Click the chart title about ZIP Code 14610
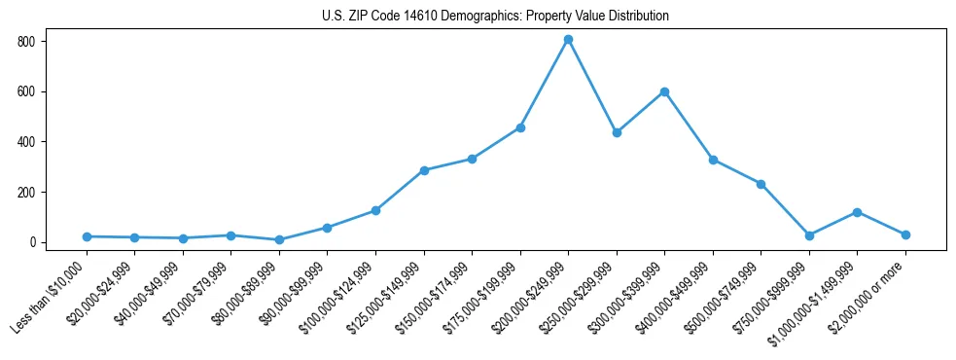pos(495,16)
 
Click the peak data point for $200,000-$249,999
pos(568,40)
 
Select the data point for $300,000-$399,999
pos(664,91)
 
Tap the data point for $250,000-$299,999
pos(616,132)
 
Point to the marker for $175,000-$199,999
pos(520,127)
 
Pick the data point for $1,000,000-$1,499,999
pos(857,212)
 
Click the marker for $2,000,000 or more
pos(905,234)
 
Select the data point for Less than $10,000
pos(87,236)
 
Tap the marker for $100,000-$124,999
pos(375,210)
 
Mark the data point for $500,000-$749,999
pos(761,184)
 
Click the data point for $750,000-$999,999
pos(809,235)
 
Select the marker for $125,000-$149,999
pos(424,170)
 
